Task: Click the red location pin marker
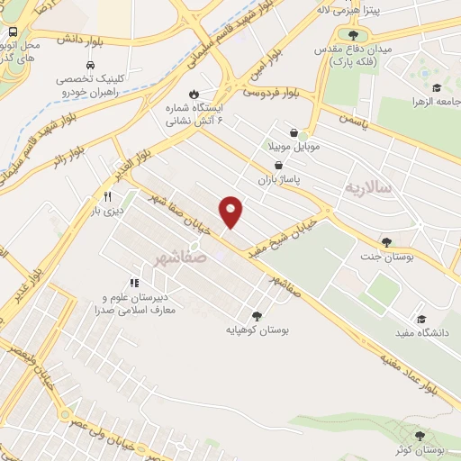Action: pos(232,212)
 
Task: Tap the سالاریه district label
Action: pos(369,188)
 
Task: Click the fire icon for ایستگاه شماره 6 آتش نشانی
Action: pos(193,95)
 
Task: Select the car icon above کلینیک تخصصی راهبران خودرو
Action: pos(91,66)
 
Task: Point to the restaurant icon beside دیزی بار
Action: pos(108,195)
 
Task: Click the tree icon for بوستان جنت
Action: pos(386,241)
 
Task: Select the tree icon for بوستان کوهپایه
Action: pos(258,315)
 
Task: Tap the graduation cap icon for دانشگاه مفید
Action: pos(420,318)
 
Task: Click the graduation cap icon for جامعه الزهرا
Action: pos(437,88)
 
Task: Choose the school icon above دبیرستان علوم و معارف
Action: pos(135,283)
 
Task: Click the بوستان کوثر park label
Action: pos(418,448)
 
